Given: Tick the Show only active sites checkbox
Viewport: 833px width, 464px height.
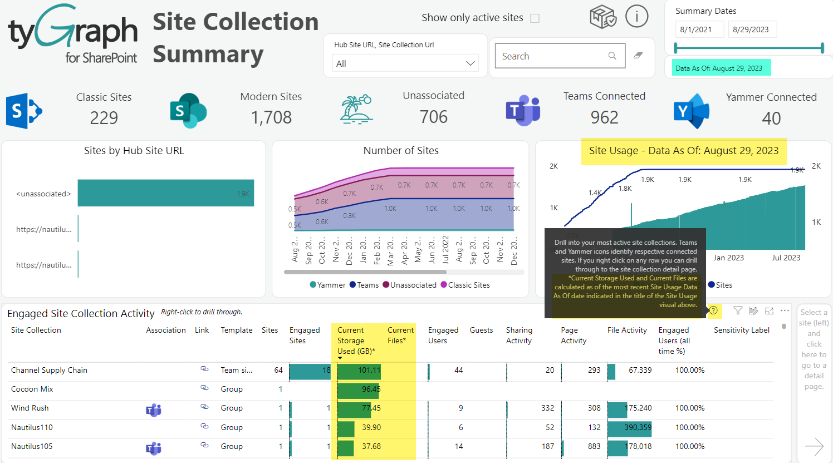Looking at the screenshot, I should tap(535, 18).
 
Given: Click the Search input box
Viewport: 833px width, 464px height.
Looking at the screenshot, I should tap(554, 56).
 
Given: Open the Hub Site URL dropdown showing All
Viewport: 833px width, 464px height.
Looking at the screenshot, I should tap(405, 63).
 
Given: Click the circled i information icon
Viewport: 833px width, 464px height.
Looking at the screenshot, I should tap(636, 16).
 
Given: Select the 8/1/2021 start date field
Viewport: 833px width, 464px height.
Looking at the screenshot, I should tap(699, 29).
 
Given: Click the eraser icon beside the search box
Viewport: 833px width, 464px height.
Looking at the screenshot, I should tap(638, 55).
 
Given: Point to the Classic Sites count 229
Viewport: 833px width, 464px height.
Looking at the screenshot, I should tap(104, 117).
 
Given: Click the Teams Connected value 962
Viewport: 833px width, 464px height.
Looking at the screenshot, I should tap(604, 117).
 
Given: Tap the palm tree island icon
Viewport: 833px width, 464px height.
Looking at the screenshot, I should tap(356, 109).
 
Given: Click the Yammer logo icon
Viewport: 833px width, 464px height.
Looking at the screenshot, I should tap(690, 111).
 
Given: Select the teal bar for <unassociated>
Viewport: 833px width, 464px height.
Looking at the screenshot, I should tap(165, 193).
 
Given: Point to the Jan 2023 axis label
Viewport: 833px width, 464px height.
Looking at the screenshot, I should tap(728, 258).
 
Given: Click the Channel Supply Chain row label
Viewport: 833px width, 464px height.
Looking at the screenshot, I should tap(49, 370).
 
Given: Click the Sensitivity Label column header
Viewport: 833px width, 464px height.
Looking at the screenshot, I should tap(741, 330).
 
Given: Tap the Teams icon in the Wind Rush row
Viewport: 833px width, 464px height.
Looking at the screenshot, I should tap(153, 410).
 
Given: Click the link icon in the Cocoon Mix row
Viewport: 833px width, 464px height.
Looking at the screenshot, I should tap(204, 388).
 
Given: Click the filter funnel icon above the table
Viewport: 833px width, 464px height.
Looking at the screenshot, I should tap(738, 311).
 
